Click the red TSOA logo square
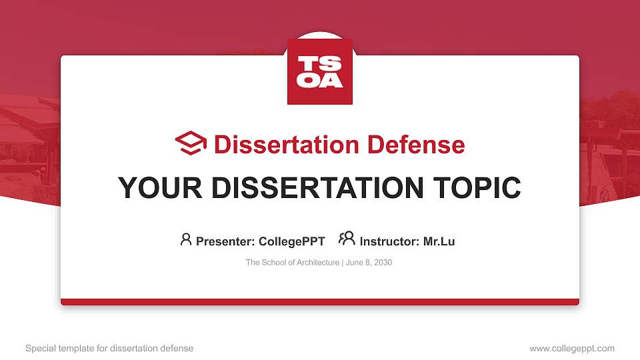(x=320, y=71)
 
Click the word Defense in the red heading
(x=416, y=145)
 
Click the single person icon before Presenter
(x=186, y=239)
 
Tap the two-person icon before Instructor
(x=347, y=239)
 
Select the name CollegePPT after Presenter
(x=291, y=241)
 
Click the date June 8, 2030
(x=369, y=263)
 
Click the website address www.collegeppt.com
(x=572, y=348)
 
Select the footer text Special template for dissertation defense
(x=109, y=348)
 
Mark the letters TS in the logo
(x=320, y=64)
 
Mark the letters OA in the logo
(x=320, y=81)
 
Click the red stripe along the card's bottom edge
(x=320, y=302)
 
